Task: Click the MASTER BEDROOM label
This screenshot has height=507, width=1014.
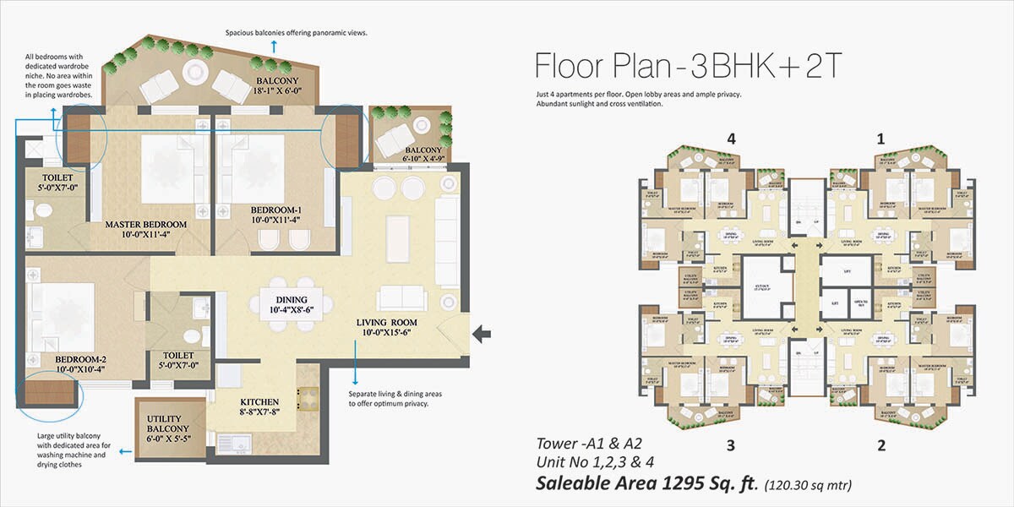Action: (x=145, y=226)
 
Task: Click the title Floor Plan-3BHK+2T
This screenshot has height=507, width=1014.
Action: (x=689, y=66)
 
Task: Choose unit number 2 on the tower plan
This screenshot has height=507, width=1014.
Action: (x=881, y=444)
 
